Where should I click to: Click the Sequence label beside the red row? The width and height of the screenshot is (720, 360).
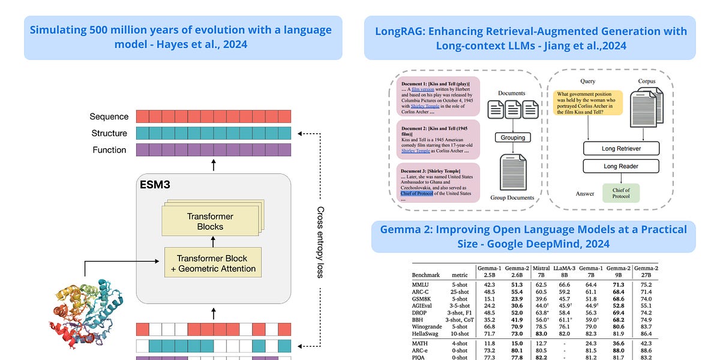point(109,116)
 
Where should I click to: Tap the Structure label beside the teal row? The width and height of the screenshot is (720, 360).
point(109,133)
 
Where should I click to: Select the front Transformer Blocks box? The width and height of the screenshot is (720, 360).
point(210,221)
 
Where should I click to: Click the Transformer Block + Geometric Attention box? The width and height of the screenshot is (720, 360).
point(214,262)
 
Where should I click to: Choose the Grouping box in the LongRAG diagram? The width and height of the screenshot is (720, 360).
point(513,137)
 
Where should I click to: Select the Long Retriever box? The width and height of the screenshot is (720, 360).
point(621,148)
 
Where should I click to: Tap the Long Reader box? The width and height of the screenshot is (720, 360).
point(621,166)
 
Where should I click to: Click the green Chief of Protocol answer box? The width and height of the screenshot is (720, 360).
point(621,193)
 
